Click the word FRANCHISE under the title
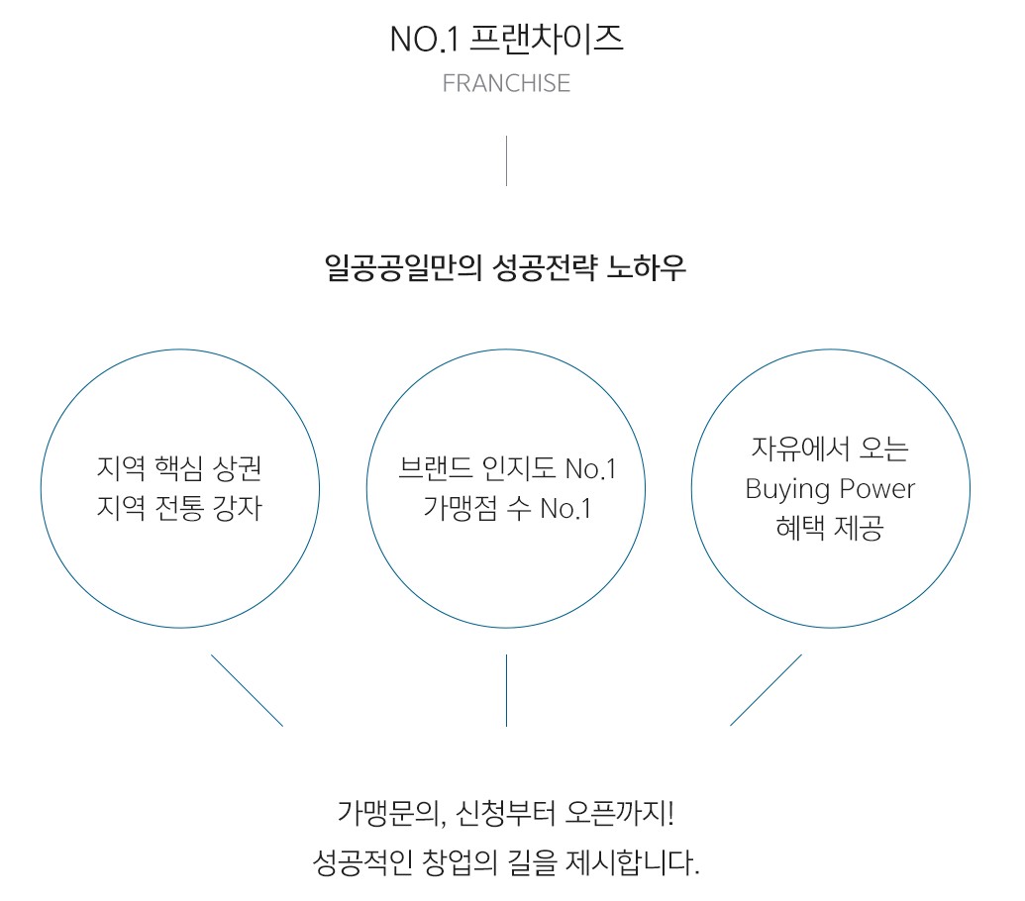pos(506,83)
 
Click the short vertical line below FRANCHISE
pos(506,160)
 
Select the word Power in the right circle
pos(876,489)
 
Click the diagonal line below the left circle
pos(247,689)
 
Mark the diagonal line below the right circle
pos(766,689)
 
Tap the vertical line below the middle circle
pos(506,689)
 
